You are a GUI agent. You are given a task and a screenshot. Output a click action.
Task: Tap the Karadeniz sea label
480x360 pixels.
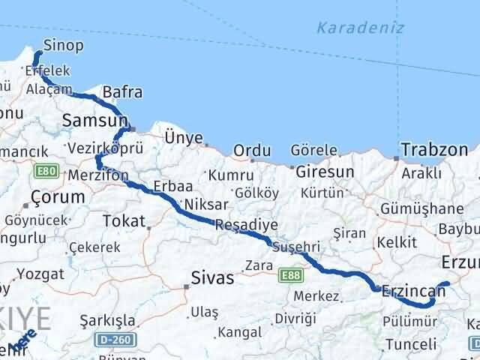click(x=360, y=28)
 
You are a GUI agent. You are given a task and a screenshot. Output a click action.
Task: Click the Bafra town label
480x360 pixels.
click(x=122, y=92)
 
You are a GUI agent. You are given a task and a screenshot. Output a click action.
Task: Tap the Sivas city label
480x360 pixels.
click(x=213, y=277)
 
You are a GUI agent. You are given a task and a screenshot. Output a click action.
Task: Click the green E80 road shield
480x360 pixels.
click(x=43, y=172)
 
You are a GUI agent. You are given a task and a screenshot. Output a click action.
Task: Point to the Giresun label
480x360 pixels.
click(x=325, y=172)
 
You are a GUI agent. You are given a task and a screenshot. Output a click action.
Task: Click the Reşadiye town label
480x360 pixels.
click(x=246, y=224)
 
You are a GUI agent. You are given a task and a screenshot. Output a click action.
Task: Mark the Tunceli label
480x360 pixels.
click(x=410, y=345)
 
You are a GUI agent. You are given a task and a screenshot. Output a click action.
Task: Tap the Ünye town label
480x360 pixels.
click(x=184, y=137)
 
